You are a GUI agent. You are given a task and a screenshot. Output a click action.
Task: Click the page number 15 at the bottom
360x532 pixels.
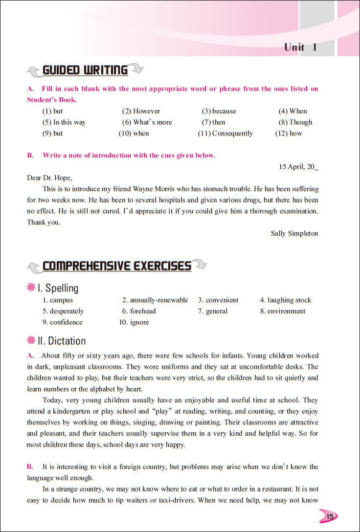330,516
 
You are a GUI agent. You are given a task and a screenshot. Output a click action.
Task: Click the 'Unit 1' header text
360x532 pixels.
300,47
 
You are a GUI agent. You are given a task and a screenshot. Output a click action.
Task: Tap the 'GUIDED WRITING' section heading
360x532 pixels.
85,70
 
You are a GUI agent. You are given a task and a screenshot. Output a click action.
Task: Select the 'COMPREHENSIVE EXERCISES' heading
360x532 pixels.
117,266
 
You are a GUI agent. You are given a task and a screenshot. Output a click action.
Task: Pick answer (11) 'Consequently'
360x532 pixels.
225,133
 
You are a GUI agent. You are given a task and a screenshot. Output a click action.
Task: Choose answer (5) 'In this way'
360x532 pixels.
64,122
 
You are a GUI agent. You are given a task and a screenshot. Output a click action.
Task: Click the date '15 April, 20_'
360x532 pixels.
298,167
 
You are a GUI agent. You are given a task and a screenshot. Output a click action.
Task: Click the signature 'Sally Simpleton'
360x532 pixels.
294,233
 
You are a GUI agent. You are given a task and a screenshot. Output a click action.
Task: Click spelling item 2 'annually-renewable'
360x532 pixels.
155,300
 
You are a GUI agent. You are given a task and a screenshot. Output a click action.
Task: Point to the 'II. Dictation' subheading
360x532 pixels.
62,341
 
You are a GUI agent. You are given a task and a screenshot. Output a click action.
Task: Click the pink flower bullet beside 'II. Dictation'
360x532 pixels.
32,341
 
